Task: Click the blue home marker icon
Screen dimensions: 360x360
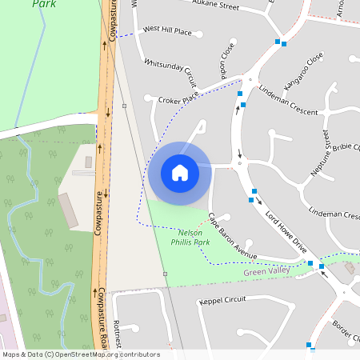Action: coord(180,172)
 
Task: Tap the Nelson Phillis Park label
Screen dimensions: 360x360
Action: coord(184,236)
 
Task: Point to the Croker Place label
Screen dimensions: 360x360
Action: coord(178,101)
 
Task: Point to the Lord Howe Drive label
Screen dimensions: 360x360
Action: coord(286,231)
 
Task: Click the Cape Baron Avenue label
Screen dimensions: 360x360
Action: coord(232,235)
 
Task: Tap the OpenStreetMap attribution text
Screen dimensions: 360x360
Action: coord(80,354)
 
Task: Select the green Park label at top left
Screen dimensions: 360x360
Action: coord(44,4)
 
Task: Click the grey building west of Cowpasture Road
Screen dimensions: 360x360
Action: coord(68,210)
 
